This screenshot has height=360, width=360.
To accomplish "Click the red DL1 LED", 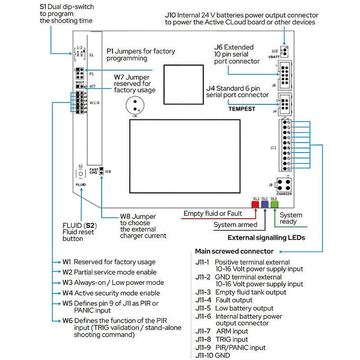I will coord(255,204).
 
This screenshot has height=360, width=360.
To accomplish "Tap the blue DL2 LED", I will coord(264,204).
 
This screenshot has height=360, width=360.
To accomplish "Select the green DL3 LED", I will coord(274,204).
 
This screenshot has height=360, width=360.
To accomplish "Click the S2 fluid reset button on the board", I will coord(80,174).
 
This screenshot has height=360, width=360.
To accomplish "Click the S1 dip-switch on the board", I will coord(80,54).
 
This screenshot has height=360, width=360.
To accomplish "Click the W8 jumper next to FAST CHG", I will coord(102,171).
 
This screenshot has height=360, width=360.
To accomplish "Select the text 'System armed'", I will coord(235,225).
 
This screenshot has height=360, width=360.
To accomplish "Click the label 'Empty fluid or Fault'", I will coord(213,213).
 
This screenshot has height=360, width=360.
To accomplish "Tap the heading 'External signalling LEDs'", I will coord(266,237).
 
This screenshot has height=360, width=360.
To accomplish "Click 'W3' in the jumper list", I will coord(67,283).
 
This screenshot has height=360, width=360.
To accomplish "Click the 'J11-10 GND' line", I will coord(213,355).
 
